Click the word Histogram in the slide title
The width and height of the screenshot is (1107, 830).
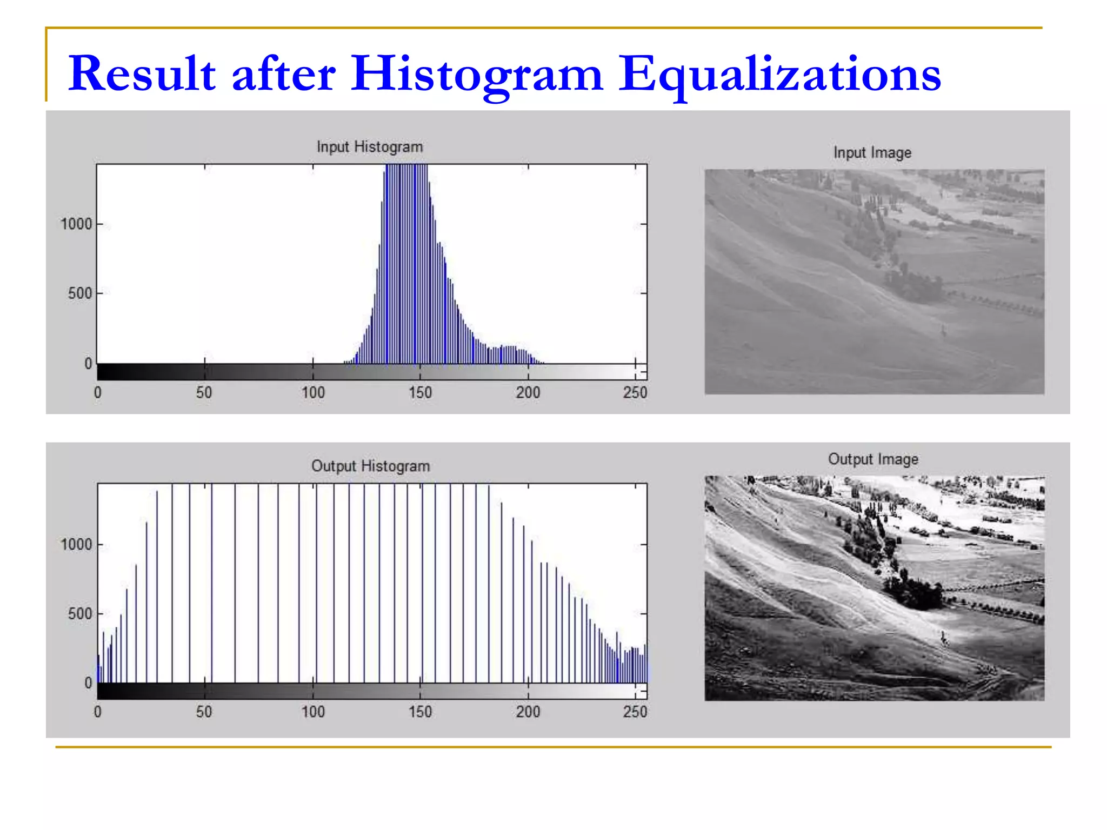point(476,74)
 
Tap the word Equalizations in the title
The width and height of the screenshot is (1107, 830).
point(779,74)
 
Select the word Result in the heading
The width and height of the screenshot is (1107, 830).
point(142,74)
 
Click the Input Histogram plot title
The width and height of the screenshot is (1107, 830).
point(370,147)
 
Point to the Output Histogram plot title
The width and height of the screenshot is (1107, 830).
point(370,466)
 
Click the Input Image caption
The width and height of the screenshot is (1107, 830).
point(872,153)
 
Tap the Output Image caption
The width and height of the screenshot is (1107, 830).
point(873,459)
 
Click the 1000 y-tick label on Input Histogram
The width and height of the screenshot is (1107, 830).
point(76,224)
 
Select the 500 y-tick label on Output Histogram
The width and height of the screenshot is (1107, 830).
point(79,614)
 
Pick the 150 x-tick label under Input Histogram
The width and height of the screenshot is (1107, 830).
point(420,392)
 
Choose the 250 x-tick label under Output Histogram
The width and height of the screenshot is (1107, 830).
point(635,712)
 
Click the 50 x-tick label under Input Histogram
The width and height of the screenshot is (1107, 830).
point(204,392)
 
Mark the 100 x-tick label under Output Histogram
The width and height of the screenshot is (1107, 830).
point(313,712)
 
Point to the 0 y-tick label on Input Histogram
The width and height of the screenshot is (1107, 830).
point(88,364)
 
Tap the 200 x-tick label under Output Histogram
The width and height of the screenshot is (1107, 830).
point(528,712)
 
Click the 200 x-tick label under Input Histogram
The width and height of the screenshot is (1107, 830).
point(528,392)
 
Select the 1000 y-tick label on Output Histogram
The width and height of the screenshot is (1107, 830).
point(76,544)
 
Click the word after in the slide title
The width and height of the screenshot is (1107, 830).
point(284,74)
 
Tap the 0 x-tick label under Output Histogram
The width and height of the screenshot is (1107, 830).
point(97,712)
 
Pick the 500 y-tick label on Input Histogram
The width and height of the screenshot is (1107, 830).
point(79,293)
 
